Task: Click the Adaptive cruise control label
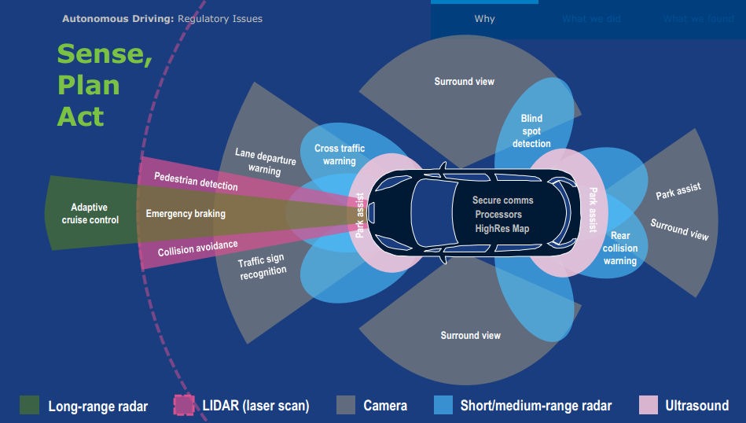pos(90,214)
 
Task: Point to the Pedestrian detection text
pos(196,182)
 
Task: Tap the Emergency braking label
pos(186,214)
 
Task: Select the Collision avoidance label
pos(197,248)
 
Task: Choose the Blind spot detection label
pos(531,131)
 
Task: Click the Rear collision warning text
pos(620,248)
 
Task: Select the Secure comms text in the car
pos(498,200)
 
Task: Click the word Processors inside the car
pos(498,214)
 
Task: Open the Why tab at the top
pos(484,19)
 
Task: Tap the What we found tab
pos(698,19)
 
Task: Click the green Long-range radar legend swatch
pos(29,406)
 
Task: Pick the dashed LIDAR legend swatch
pos(183,406)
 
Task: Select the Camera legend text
pos(385,406)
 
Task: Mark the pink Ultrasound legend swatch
pos(649,406)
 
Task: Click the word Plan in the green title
pos(88,85)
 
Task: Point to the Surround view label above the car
pos(465,81)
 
